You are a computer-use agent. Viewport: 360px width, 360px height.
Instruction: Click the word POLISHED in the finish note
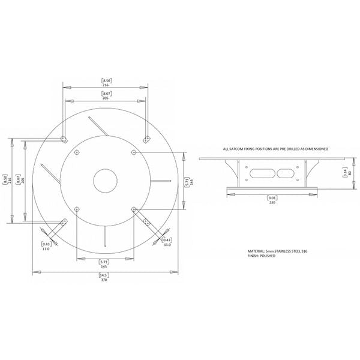271,256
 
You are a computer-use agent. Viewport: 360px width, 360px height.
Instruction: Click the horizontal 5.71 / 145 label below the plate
105,264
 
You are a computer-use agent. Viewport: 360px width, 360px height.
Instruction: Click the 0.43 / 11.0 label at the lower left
46,244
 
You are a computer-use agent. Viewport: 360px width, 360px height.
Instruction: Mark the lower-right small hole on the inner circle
133,209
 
